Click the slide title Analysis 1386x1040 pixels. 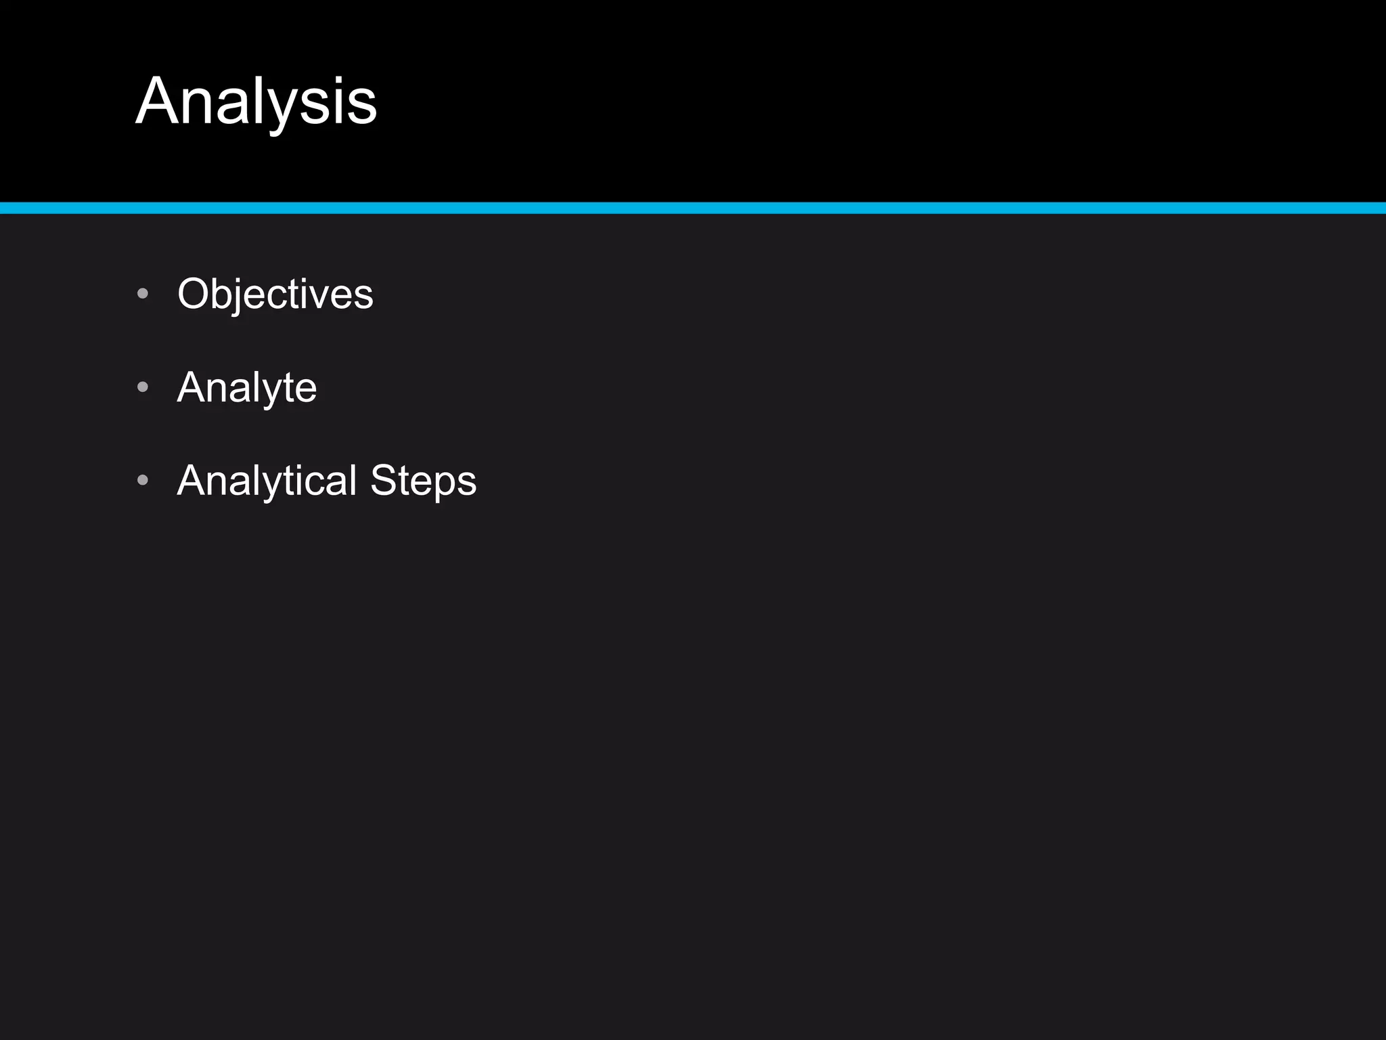pyautogui.click(x=256, y=102)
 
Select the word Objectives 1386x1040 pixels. pyautogui.click(x=275, y=294)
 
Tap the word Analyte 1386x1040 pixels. pyautogui.click(x=246, y=387)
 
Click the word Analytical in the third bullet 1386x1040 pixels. pyautogui.click(x=267, y=481)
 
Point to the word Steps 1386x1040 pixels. pyautogui.click(x=423, y=481)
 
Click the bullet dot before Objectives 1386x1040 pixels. pyautogui.click(x=142, y=294)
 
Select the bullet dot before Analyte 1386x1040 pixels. pyautogui.click(x=142, y=387)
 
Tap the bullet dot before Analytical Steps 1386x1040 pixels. pyautogui.click(x=142, y=480)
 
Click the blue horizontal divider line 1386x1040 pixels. pyautogui.click(x=693, y=208)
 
